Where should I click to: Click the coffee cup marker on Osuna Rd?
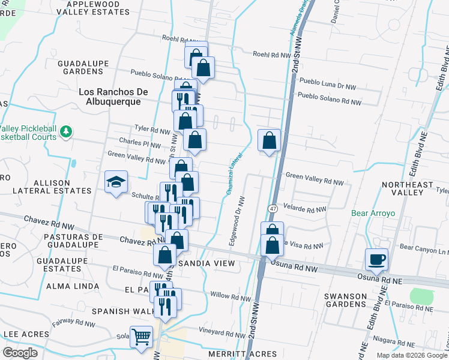tap(376, 259)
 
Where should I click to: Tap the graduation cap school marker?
tap(116, 182)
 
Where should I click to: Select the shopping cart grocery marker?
tap(142, 337)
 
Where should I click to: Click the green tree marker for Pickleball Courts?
tap(66, 131)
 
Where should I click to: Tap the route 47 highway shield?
tap(273, 208)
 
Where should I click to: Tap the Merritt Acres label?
tap(243, 354)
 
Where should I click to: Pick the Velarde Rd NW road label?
tap(305, 209)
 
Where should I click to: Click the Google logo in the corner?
tap(20, 353)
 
